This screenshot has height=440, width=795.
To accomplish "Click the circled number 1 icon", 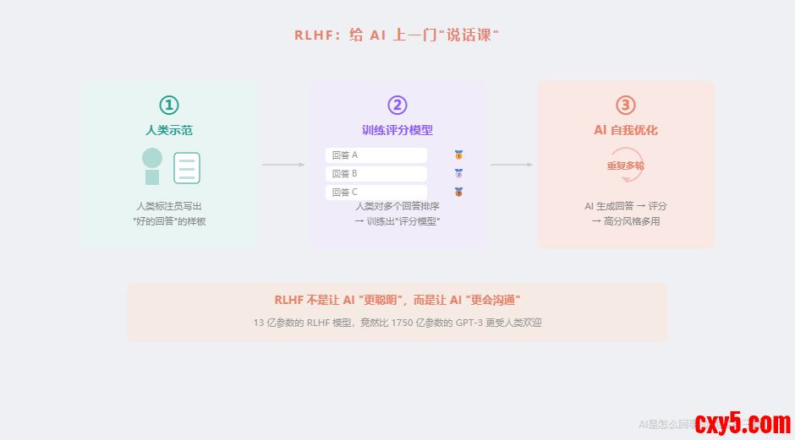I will tap(169, 105).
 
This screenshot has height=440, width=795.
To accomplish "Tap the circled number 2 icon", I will tap(397, 105).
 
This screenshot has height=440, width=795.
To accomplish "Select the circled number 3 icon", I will tap(626, 105).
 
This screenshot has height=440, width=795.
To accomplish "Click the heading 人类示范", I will tap(169, 130).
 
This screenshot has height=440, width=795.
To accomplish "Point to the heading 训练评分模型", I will tap(397, 130).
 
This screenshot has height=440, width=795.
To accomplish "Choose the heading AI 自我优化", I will tap(626, 130).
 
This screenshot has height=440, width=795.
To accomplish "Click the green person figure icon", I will tap(152, 166).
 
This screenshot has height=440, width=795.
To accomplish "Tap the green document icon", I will tap(187, 168).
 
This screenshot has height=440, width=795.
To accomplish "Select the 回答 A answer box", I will tap(376, 155).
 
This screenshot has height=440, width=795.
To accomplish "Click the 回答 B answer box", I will tap(376, 174).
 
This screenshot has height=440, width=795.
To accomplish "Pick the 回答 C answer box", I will tap(376, 193).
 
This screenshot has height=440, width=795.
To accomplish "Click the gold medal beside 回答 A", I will tap(458, 155).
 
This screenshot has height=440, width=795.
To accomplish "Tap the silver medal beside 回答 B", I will tap(458, 174).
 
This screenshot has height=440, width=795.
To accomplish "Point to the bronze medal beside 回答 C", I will tap(458, 193).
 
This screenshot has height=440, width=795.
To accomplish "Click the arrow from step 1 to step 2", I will tap(283, 165).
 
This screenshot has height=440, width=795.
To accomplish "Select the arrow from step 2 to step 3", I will tap(512, 165).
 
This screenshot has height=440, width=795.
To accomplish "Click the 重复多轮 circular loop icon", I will tap(626, 166).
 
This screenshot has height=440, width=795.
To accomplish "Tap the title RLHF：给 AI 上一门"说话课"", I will tap(397, 35).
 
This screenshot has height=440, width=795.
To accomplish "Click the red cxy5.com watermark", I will tap(743, 421).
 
